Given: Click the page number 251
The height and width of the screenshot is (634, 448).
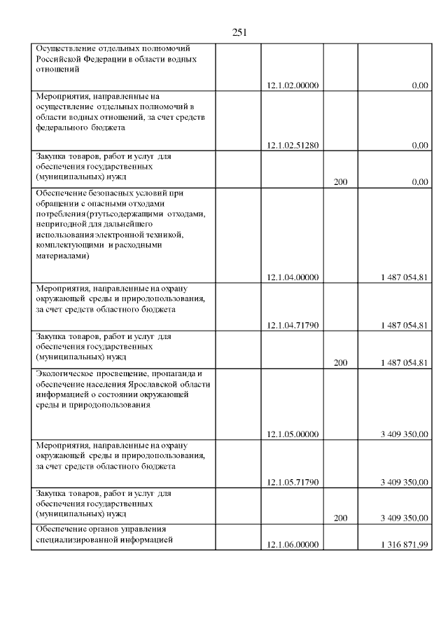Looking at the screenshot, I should point(239,32).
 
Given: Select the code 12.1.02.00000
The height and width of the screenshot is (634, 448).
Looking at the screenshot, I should point(293,86).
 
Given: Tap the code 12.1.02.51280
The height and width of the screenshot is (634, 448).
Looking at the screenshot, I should point(293,146).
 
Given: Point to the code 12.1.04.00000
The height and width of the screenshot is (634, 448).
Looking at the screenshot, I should point(293,277).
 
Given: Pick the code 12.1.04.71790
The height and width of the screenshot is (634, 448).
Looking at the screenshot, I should point(293,325).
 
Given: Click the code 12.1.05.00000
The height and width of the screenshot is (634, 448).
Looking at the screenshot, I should point(293,434).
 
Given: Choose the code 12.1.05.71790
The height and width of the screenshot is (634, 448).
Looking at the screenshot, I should point(293,482).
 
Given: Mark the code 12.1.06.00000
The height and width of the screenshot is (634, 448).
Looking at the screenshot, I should point(293,544).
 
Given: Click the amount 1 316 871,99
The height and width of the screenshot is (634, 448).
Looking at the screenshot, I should point(405,544).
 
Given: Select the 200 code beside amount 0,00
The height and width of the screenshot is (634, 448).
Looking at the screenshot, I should point(341,181).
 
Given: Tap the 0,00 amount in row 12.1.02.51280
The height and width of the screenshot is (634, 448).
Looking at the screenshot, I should point(420,146).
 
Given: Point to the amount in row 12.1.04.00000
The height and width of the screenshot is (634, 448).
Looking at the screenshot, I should point(405,277).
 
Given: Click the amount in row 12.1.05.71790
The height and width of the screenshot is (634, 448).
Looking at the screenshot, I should point(405,482).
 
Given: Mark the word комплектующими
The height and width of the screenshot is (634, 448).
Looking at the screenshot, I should point(68,246).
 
